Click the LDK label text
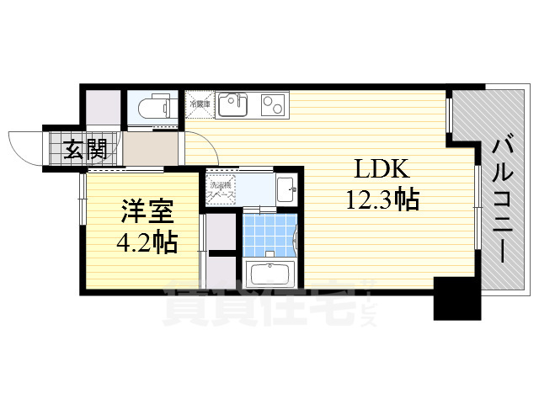381,170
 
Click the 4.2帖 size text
146,243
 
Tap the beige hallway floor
152,150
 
